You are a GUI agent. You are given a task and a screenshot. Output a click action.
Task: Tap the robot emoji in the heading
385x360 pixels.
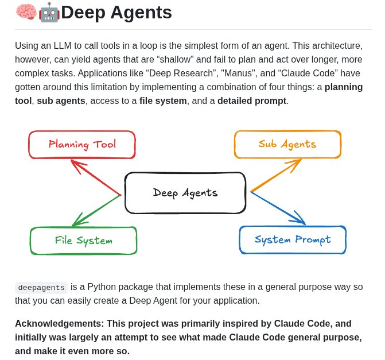point(49,12)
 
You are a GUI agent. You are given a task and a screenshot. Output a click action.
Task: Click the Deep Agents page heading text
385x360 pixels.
point(116,12)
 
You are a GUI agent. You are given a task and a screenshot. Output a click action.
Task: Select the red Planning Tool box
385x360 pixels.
point(82,144)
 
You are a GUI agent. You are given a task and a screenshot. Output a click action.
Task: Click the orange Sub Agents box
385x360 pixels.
point(287,144)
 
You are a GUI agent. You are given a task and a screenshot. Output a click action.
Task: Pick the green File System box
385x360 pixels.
point(83,241)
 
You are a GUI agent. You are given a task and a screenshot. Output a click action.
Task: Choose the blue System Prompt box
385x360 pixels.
point(293,239)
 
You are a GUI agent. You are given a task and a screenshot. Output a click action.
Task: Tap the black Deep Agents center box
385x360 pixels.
point(185,193)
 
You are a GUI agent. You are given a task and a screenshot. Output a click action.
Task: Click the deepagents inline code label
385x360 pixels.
point(41,287)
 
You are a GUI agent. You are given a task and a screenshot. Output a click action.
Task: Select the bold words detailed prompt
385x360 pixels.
point(251,101)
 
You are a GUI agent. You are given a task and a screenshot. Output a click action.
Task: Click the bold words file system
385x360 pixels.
point(163,101)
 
